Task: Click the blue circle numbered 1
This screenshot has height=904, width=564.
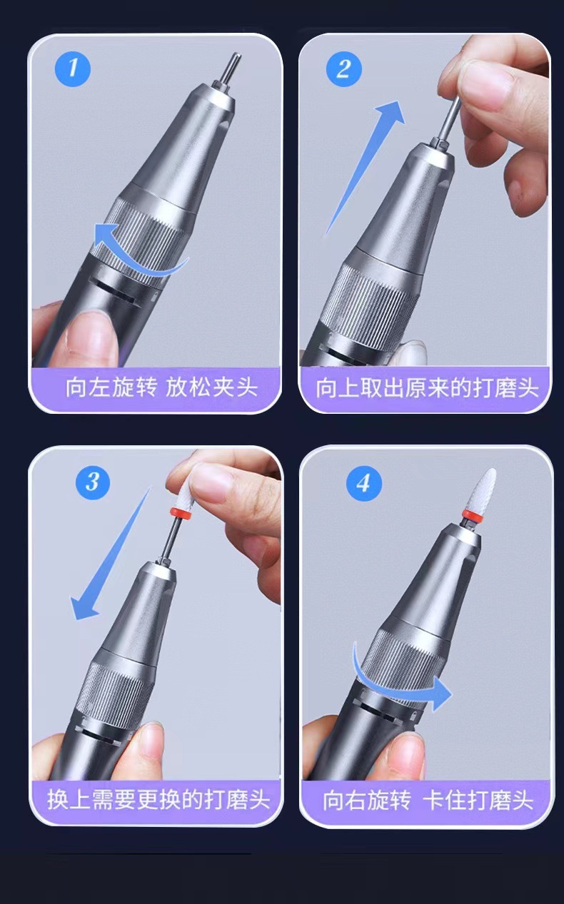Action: tap(73, 68)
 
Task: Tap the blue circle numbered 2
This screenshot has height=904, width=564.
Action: tap(343, 68)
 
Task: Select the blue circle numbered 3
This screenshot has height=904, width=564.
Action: tap(92, 482)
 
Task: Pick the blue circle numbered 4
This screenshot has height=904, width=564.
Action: tap(364, 483)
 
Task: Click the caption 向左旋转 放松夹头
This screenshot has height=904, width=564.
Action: tap(161, 387)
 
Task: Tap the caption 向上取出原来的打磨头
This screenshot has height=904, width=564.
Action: tap(427, 388)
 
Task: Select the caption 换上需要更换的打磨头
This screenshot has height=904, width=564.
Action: tap(158, 800)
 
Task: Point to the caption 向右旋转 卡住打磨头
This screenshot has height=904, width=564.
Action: tap(428, 801)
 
